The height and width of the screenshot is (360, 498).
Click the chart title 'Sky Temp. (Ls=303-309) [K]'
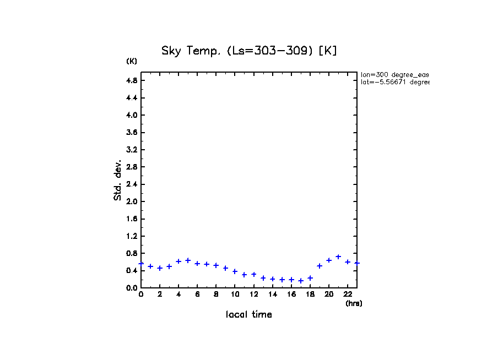coord(249,51)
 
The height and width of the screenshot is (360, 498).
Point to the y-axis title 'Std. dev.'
coord(118,180)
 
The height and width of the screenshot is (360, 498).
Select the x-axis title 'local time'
coord(249,314)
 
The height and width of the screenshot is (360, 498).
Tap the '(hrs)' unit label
coord(354,303)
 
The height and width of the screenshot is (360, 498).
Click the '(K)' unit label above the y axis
coord(132,61)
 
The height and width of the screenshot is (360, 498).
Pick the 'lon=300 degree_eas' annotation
coord(394,74)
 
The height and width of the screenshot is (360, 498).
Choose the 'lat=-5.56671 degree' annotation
coord(394,82)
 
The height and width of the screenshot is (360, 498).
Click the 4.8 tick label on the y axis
coord(131,80)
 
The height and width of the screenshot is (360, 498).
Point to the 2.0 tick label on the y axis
coord(131,201)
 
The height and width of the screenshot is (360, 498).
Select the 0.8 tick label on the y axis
coord(131,253)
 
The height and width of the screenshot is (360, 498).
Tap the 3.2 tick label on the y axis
coord(131,150)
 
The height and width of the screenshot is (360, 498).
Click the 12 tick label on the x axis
coord(254,294)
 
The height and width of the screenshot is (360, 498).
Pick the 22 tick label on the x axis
coord(348,294)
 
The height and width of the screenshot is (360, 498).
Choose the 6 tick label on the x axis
coord(197,294)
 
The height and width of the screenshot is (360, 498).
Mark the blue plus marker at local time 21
coord(338,257)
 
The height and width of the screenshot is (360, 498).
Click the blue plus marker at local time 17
coord(301,281)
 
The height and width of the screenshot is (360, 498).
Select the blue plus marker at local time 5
coord(188,260)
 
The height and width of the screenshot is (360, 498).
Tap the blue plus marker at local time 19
coord(320,266)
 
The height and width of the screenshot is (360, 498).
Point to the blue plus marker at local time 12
coord(254,274)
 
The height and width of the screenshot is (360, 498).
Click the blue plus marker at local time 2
coord(160,268)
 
